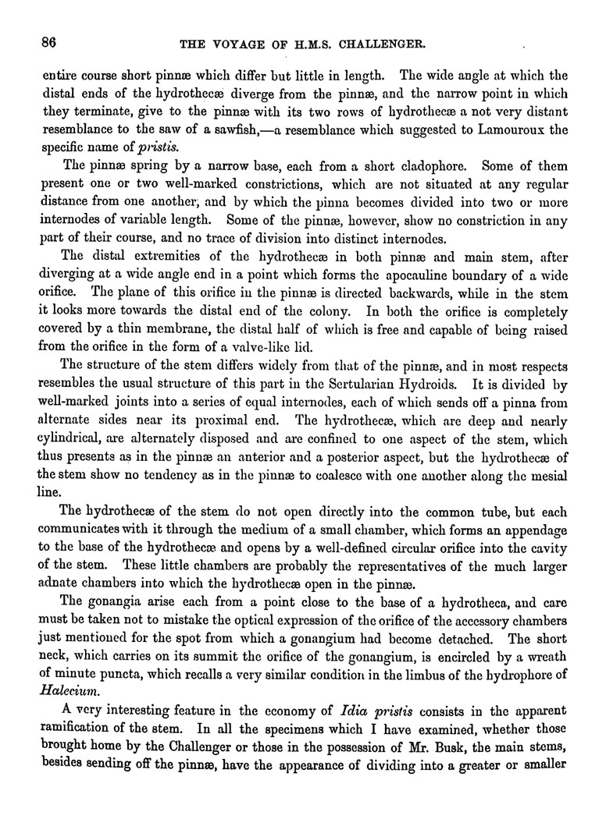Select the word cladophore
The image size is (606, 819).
tap(434, 166)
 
